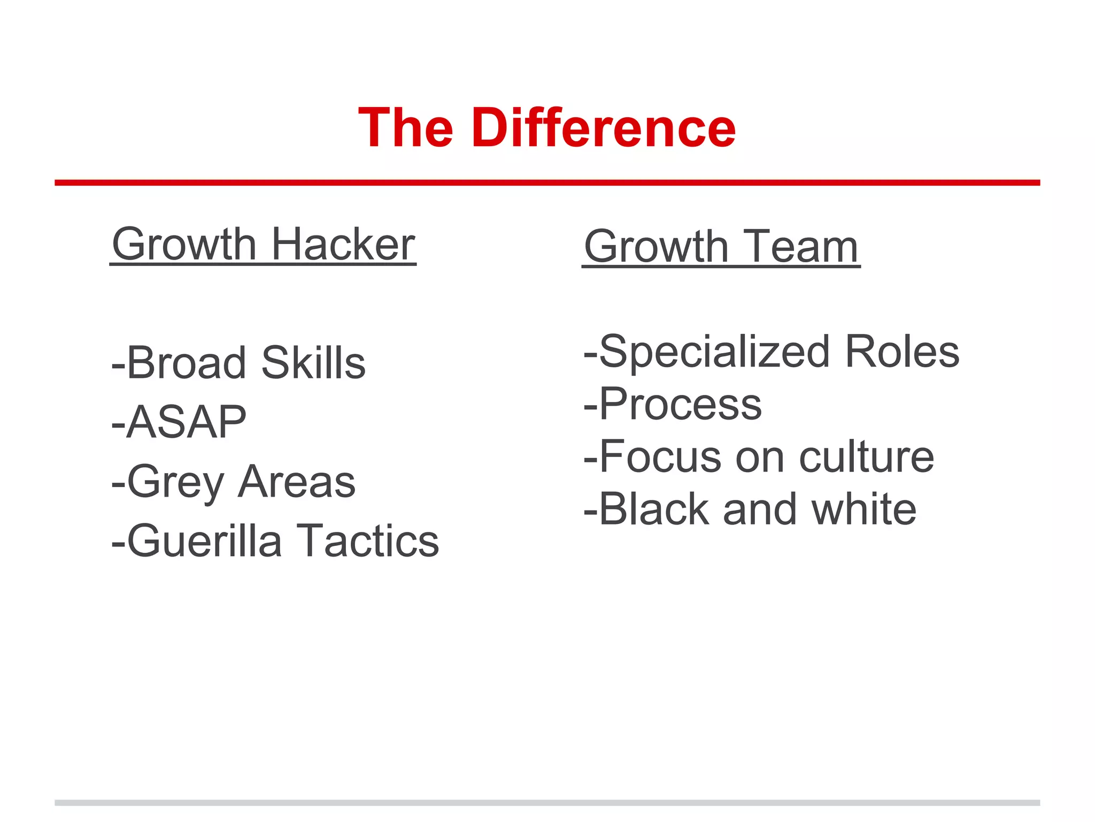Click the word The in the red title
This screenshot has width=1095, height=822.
(x=406, y=128)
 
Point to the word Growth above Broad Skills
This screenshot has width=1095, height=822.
(x=184, y=245)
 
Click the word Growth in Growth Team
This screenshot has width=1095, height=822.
(x=657, y=247)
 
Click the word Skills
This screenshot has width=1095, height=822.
(x=314, y=363)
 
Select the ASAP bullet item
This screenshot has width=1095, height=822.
(x=179, y=422)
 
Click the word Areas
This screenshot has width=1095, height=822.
(x=297, y=482)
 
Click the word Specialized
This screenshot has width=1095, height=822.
(x=714, y=352)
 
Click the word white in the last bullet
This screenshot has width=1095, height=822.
(x=863, y=509)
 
